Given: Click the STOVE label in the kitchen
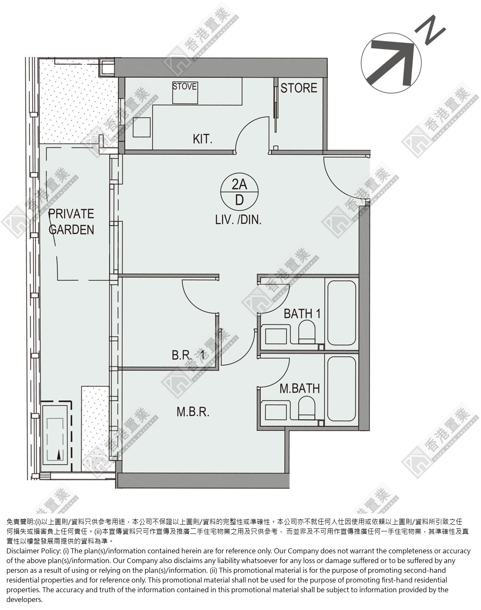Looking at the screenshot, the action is point(185,86).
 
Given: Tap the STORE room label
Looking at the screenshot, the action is point(299,88).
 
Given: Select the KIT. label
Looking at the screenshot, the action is point(202,139).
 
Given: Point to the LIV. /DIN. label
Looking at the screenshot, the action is point(238,220).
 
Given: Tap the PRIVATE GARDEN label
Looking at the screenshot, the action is point(71,222).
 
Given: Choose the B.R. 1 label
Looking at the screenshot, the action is point(188,355).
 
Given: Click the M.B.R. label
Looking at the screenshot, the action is point(193,412).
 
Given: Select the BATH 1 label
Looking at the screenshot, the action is point(302,314).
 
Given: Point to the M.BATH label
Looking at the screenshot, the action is point(300,388).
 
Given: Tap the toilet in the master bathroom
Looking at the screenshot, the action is point(307,407).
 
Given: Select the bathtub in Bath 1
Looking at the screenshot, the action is point(342,312).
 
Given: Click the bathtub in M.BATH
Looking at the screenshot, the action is point(342,388).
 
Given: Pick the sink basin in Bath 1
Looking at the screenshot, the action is point(276,336).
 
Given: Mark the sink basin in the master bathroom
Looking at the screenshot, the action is point(276,412).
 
